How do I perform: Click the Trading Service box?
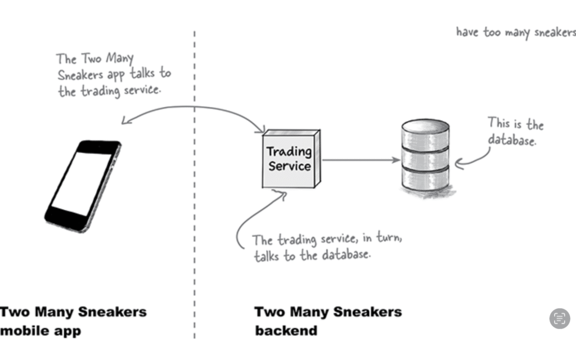(x=290, y=159)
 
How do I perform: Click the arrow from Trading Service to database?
(x=361, y=160)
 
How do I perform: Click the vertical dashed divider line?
(x=195, y=225)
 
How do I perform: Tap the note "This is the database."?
(x=514, y=131)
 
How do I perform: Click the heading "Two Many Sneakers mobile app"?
(x=73, y=321)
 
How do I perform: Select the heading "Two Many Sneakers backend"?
(x=328, y=321)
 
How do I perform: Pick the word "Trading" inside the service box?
(x=289, y=151)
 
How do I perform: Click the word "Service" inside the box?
(x=289, y=166)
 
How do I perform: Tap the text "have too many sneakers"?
(x=515, y=32)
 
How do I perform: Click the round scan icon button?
(x=559, y=318)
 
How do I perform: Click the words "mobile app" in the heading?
(x=40, y=330)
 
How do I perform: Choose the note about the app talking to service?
(x=112, y=75)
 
